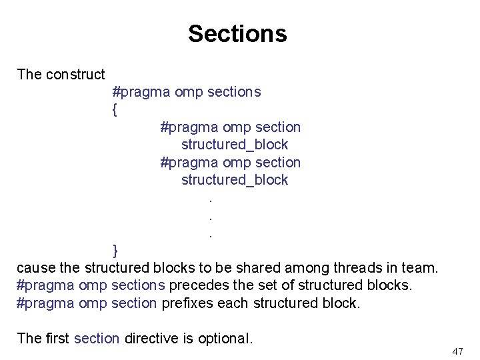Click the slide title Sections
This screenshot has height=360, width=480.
(x=237, y=33)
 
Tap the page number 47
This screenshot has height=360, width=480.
(x=457, y=351)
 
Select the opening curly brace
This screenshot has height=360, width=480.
(x=115, y=109)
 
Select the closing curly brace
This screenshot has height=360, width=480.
(x=115, y=251)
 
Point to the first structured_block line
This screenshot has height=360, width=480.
(x=235, y=145)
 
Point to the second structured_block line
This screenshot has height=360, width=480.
(x=235, y=180)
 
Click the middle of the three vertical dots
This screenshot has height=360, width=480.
(x=211, y=217)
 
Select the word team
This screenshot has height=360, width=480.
(x=420, y=268)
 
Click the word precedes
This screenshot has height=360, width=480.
(x=198, y=285)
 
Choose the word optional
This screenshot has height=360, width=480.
(x=225, y=339)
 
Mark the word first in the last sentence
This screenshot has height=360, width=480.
(x=57, y=339)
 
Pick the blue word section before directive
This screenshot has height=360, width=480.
(x=97, y=339)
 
